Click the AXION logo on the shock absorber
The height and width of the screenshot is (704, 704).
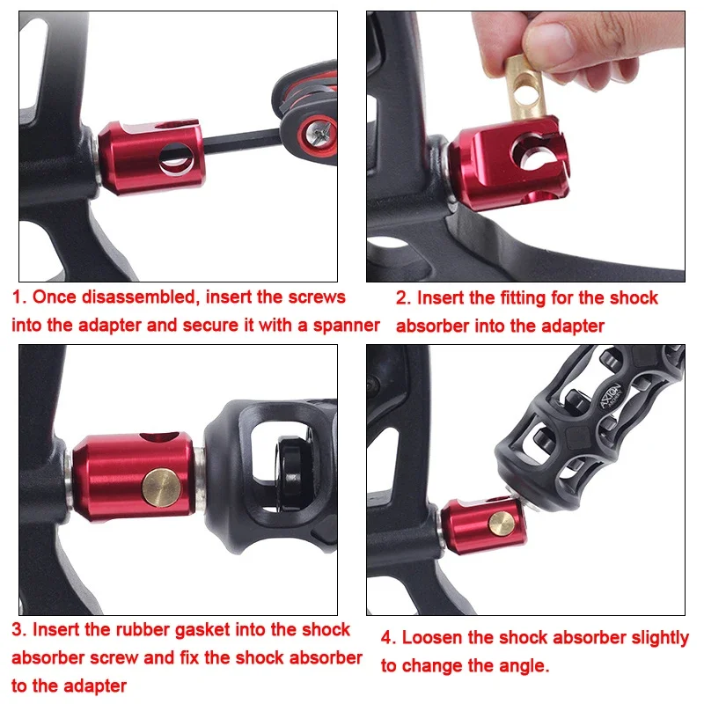(x=611, y=395)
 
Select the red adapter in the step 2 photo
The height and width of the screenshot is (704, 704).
(x=510, y=164)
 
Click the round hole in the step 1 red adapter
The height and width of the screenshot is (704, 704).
(x=177, y=159)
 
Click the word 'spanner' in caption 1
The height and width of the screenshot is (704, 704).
(x=347, y=325)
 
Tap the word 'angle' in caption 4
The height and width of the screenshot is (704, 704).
(x=523, y=667)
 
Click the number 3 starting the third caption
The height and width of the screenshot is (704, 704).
(x=18, y=630)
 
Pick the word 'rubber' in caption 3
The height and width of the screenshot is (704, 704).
(x=143, y=629)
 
